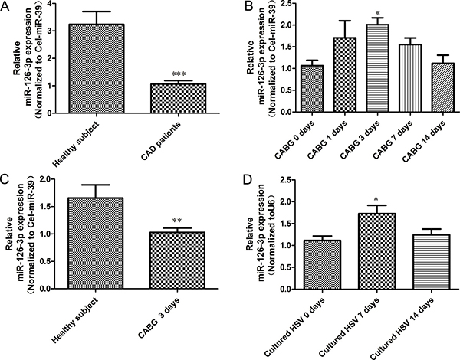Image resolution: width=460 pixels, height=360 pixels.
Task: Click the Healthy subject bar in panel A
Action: click(97, 69)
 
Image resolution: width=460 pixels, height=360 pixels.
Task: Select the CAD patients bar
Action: click(178, 99)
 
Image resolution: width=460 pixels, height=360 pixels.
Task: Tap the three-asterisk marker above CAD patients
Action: click(179, 74)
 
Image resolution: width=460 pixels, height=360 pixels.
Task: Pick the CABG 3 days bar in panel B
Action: click(378, 68)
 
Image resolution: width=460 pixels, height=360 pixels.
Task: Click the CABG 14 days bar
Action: click(443, 87)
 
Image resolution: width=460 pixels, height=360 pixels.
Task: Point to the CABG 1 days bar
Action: click(345, 75)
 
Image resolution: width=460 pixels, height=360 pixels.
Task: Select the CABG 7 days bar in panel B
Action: click(410, 78)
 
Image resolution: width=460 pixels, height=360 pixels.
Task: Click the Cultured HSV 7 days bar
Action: click(376, 251)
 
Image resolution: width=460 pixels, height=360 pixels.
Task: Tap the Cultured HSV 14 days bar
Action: click(431, 262)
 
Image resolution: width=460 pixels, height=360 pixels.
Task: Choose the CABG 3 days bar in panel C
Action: click(177, 260)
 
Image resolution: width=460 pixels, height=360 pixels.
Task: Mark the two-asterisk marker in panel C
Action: click(177, 221)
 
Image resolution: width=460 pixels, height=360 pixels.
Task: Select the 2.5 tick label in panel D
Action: click(287, 180)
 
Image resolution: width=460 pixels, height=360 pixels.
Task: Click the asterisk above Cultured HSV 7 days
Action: click(376, 200)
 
